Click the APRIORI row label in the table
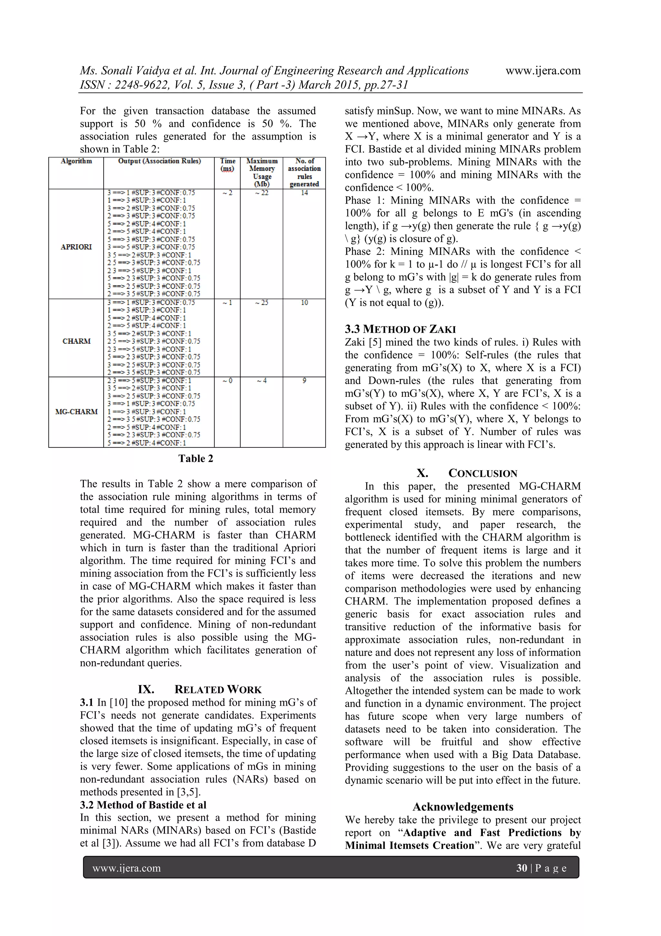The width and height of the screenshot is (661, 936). click(x=76, y=247)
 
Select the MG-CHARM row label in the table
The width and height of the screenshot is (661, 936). click(x=76, y=411)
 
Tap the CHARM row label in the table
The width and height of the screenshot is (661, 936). click(x=76, y=341)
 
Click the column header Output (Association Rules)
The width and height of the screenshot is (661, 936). click(x=159, y=161)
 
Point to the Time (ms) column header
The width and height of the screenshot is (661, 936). click(x=227, y=165)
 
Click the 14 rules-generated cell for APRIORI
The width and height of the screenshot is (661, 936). click(x=304, y=193)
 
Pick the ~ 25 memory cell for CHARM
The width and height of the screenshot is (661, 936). click(x=261, y=302)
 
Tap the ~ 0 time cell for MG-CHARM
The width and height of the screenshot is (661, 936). click(x=227, y=380)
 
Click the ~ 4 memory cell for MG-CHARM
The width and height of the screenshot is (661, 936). click(x=261, y=380)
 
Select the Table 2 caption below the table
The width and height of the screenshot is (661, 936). click(x=196, y=458)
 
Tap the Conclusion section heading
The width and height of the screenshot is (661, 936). click(x=467, y=473)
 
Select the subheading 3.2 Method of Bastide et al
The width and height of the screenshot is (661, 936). click(x=143, y=805)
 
